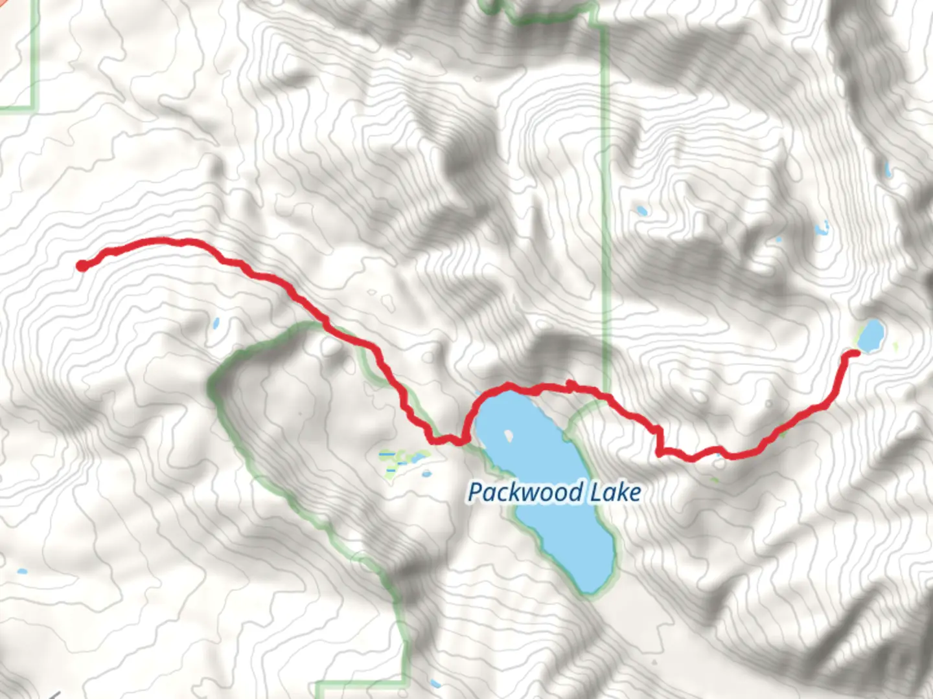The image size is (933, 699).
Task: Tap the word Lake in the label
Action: [616, 493]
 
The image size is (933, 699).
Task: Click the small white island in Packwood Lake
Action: [509, 435]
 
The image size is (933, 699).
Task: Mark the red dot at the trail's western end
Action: [82, 265]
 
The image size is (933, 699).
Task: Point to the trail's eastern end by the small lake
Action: [853, 353]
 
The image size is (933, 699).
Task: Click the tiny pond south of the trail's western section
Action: [215, 322]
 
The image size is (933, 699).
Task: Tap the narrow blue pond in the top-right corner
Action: [887, 170]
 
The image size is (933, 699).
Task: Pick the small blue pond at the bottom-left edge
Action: [21, 572]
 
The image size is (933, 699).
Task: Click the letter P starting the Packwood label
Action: [475, 493]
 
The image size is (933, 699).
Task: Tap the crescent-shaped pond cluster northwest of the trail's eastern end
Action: [822, 228]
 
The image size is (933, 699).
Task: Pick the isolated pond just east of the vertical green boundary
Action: [641, 210]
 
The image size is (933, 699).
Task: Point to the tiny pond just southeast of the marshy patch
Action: [426, 473]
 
